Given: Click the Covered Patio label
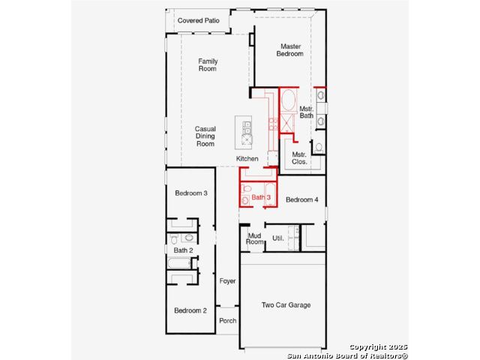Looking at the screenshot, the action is click(198, 20).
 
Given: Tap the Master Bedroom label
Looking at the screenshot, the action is click(290, 50).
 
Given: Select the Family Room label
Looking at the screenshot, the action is click(208, 65).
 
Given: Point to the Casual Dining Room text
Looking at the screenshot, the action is click(205, 136).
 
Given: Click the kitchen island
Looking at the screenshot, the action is click(244, 133).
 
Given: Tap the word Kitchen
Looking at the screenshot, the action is click(247, 158).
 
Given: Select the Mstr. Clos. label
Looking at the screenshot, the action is click(299, 158).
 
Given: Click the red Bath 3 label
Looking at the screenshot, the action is click(261, 197).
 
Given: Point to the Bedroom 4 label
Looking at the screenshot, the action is click(301, 199).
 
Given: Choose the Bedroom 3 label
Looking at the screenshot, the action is click(191, 193).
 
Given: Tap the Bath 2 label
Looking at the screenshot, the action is click(183, 250).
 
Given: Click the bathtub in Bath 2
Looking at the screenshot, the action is click(179, 263).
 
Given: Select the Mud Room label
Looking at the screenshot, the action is click(255, 238).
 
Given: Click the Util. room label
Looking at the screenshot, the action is click(278, 238).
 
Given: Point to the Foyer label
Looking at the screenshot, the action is click(227, 281).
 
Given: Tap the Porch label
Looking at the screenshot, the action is click(228, 321).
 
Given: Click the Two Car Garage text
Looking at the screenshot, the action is click(286, 305).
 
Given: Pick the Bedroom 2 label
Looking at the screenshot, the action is click(190, 310).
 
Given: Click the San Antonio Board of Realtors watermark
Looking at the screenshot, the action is click(347, 355).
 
